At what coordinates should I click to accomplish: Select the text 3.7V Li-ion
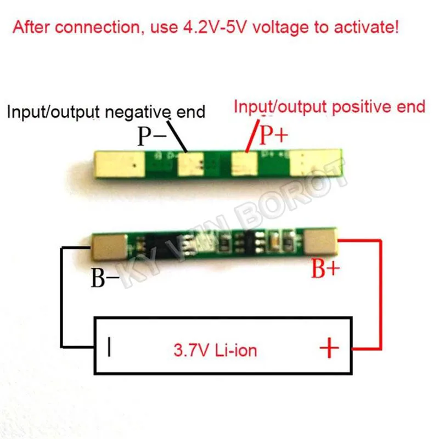click(x=215, y=350)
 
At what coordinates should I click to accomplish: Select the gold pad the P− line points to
click(x=190, y=163)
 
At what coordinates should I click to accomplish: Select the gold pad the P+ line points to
click(x=243, y=163)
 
